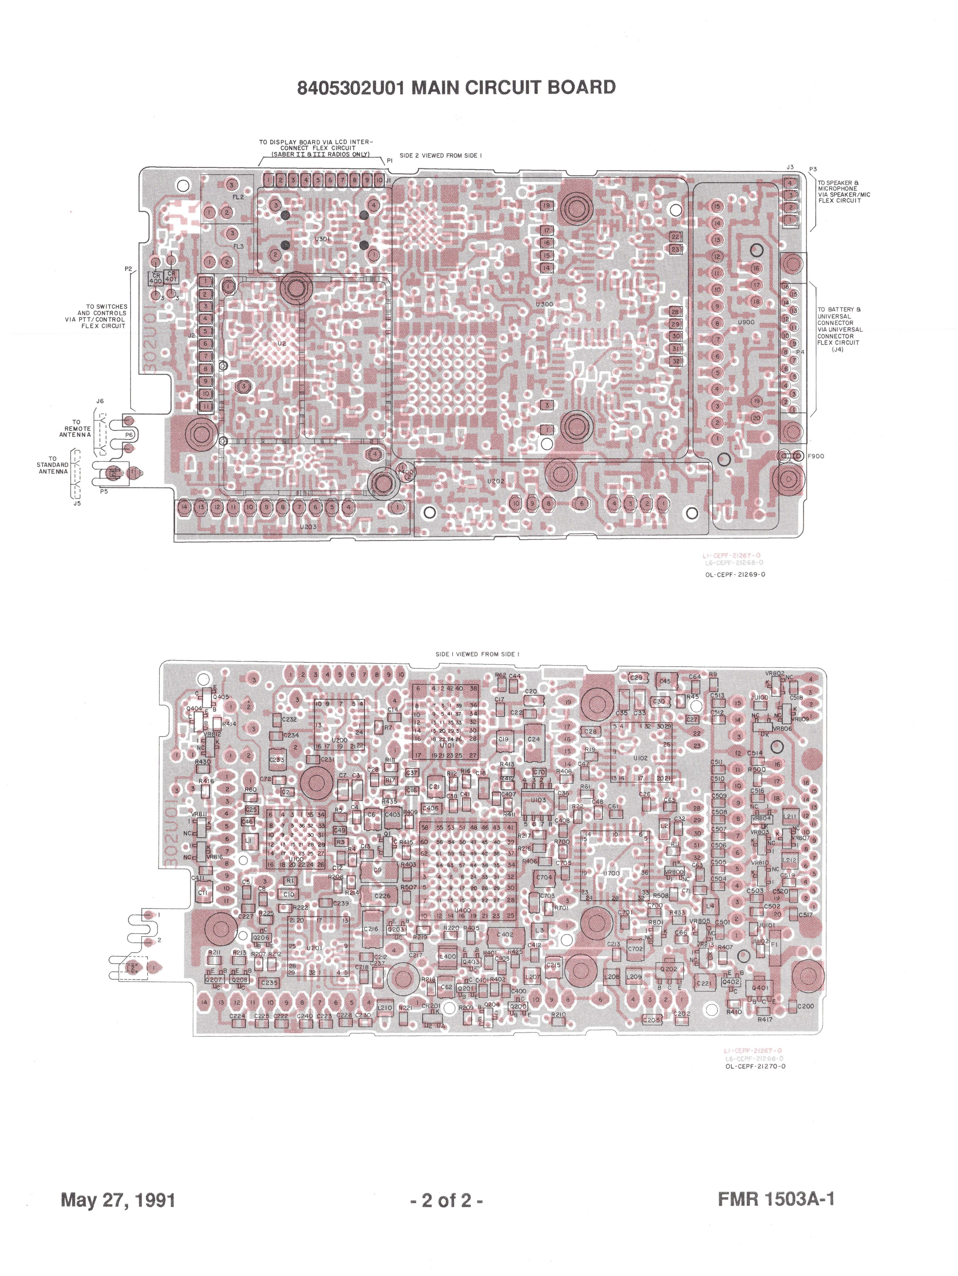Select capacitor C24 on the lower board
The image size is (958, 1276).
[x=534, y=739]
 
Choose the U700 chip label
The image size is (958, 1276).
[x=611, y=873]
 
